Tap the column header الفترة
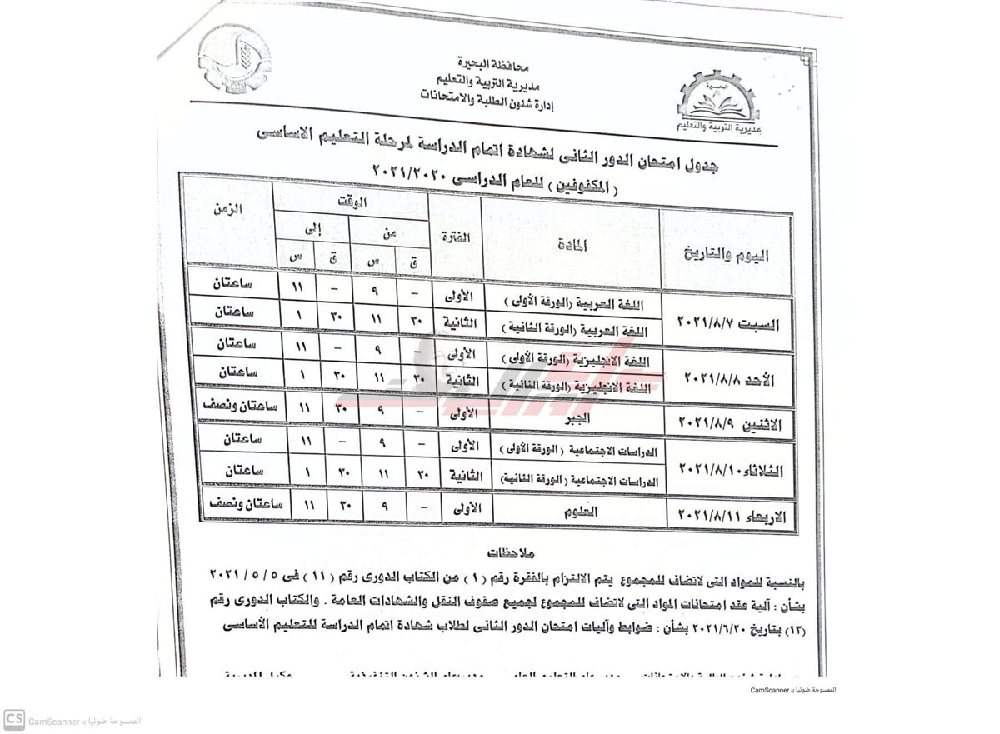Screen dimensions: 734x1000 [454, 238]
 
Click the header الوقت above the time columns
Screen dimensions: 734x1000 [352, 200]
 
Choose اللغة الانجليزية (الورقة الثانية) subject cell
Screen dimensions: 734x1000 [575, 387]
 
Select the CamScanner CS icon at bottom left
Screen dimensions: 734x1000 [14, 719]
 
